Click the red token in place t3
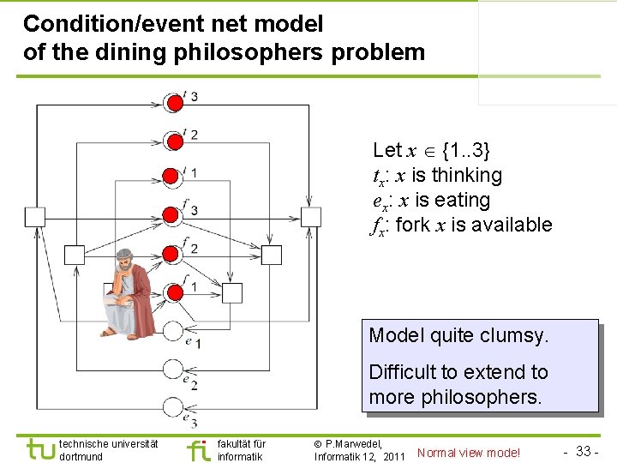pos(174,104)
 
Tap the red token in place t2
pos(174,141)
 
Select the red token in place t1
pos(174,178)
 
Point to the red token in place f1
pos(174,292)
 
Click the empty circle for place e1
pos(174,330)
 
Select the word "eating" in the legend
pos(463,200)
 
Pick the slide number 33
pos(585,451)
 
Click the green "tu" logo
pos(39,449)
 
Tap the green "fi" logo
pos(198,449)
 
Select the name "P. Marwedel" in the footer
pos(353,443)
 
